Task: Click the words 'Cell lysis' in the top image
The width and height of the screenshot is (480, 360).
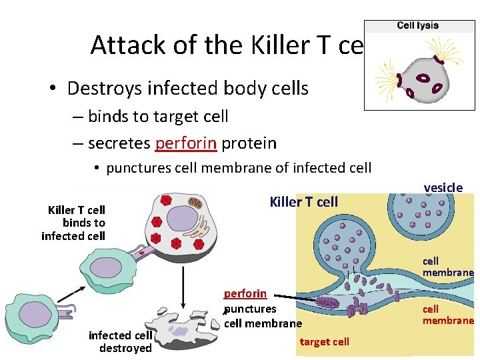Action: point(418,26)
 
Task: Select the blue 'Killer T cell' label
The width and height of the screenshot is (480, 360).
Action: point(303,202)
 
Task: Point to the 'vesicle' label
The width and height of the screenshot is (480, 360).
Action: point(443,188)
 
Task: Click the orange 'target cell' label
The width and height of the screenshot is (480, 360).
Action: point(325,342)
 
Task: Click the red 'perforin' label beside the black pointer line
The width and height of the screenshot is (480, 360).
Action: point(245,293)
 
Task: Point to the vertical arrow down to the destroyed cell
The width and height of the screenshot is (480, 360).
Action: point(183,273)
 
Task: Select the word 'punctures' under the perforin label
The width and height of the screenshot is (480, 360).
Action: point(251,309)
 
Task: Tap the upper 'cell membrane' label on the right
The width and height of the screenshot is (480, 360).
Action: point(447,267)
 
